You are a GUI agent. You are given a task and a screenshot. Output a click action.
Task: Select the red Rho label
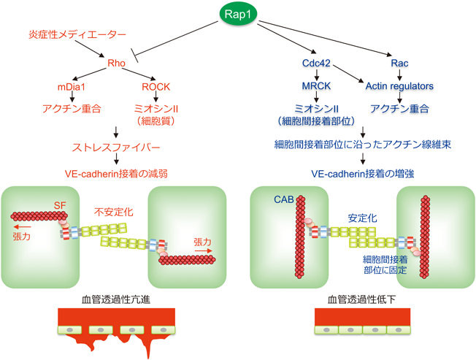(117, 64)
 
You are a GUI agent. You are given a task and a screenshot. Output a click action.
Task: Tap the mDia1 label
(72, 86)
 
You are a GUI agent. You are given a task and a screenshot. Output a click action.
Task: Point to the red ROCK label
(156, 86)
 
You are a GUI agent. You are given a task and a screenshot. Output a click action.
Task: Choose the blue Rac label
(399, 64)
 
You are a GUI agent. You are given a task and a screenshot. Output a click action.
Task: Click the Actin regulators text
(399, 86)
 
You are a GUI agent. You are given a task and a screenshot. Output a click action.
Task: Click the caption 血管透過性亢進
(116, 299)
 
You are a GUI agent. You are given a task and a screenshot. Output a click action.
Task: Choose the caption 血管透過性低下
(361, 299)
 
